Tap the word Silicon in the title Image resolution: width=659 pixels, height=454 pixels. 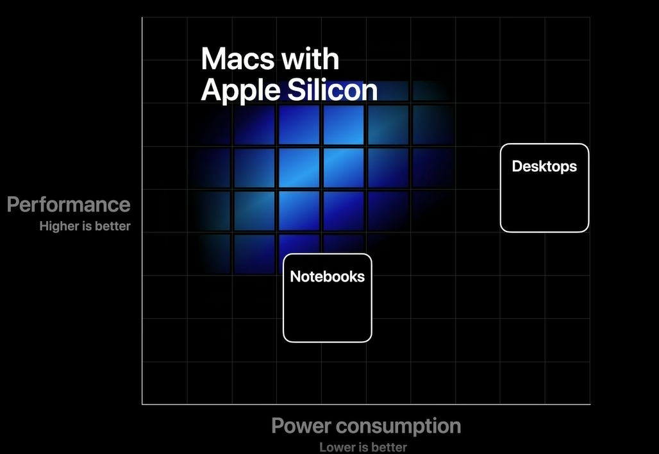click(x=333, y=90)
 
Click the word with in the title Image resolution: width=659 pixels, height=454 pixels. click(x=310, y=59)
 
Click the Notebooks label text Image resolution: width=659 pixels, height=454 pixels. click(x=328, y=276)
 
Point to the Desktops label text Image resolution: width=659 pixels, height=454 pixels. click(x=544, y=166)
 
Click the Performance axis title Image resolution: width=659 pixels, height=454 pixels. click(x=69, y=205)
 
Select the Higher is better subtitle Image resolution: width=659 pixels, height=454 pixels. click(x=85, y=226)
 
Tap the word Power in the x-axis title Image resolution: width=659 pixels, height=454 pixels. click(x=301, y=425)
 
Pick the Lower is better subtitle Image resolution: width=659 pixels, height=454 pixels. click(x=363, y=448)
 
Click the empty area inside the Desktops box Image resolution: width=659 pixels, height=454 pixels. click(x=544, y=202)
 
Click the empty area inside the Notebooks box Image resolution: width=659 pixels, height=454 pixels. click(x=328, y=311)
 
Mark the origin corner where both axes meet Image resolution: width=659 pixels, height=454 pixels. click(x=142, y=405)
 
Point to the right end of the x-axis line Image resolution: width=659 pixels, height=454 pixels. click(x=590, y=405)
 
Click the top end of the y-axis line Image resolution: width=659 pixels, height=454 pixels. click(x=142, y=17)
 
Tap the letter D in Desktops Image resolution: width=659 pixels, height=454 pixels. click(x=517, y=166)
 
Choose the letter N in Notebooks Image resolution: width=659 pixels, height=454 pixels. click(x=296, y=276)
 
